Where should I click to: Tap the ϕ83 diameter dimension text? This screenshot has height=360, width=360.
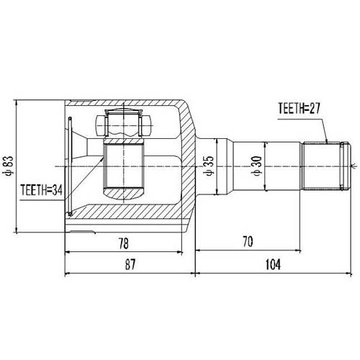(x=6, y=166)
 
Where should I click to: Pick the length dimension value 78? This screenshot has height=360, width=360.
(x=125, y=244)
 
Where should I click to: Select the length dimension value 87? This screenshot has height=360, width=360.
(x=130, y=265)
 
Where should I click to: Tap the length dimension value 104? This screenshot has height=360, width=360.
(x=272, y=265)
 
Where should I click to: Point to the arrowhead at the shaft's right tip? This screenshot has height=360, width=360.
(x=352, y=166)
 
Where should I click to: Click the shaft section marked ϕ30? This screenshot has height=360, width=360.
(x=281, y=166)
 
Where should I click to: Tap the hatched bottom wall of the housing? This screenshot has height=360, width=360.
(x=126, y=216)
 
